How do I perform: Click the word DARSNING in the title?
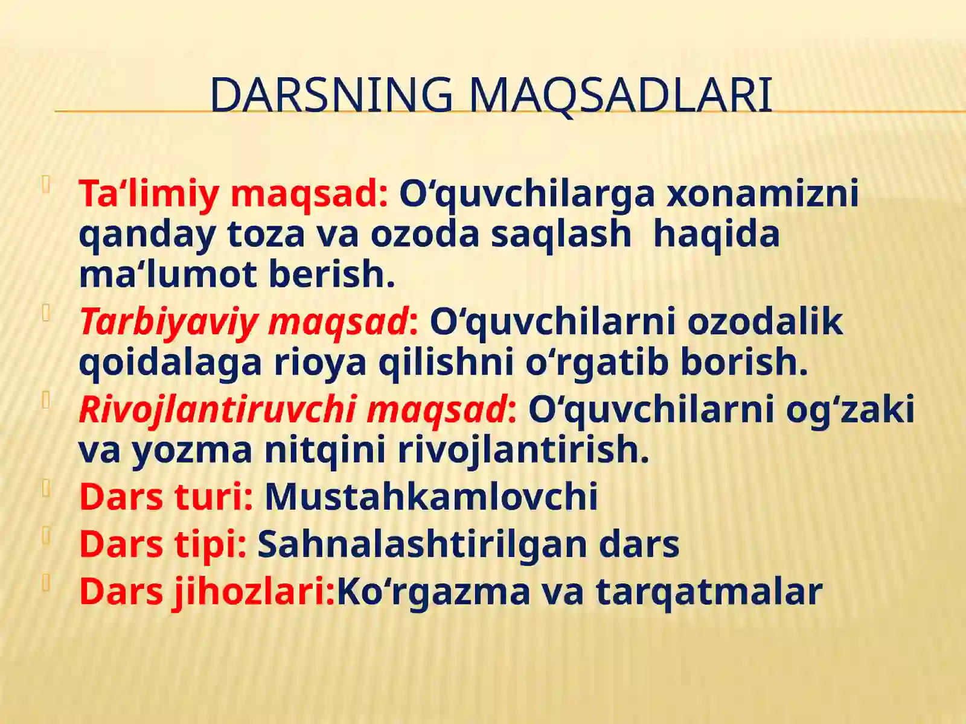(x=331, y=95)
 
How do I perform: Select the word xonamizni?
(x=762, y=194)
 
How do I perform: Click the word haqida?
(x=717, y=234)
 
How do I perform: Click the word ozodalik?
(x=765, y=322)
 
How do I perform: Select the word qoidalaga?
(x=170, y=363)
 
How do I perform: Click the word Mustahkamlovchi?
(x=431, y=497)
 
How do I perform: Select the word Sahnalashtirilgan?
(x=422, y=544)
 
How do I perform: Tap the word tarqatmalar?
(x=709, y=591)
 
